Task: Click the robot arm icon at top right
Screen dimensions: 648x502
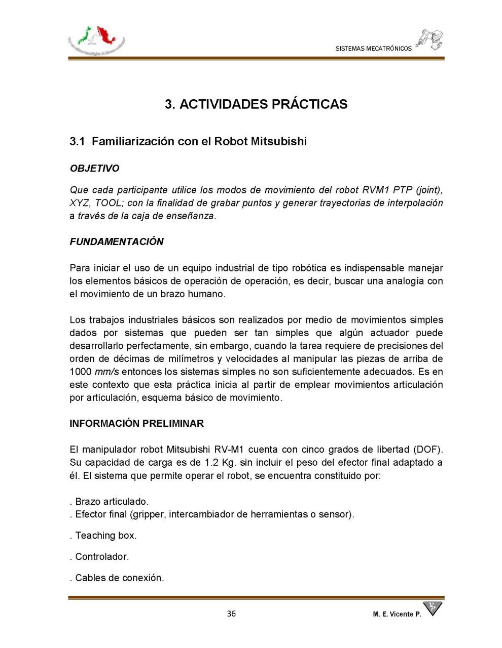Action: click(429, 39)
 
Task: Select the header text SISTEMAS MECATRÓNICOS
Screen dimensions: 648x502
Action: click(373, 49)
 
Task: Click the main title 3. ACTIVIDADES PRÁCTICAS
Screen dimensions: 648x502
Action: click(256, 104)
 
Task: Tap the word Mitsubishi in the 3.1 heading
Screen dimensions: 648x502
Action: click(278, 141)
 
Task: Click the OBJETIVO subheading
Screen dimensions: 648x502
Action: click(94, 168)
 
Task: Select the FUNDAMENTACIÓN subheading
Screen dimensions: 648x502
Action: click(117, 241)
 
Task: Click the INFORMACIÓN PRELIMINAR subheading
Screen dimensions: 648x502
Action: click(136, 423)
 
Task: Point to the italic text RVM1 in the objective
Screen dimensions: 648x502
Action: click(376, 190)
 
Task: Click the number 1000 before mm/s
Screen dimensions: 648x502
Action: click(80, 372)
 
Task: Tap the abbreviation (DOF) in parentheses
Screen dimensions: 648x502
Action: click(428, 450)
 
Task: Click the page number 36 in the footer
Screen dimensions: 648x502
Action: click(231, 614)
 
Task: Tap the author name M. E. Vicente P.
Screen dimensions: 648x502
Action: click(397, 614)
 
